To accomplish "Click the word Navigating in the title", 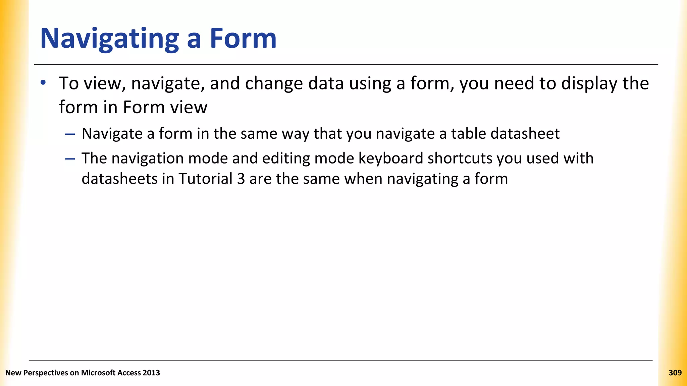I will point(109,39).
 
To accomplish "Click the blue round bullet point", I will point(43,82).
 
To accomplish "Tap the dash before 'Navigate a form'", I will point(70,134).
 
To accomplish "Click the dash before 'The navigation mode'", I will point(70,158).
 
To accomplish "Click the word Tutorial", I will point(205,179).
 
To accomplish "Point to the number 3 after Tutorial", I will point(241,179).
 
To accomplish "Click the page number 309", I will point(675,373).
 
